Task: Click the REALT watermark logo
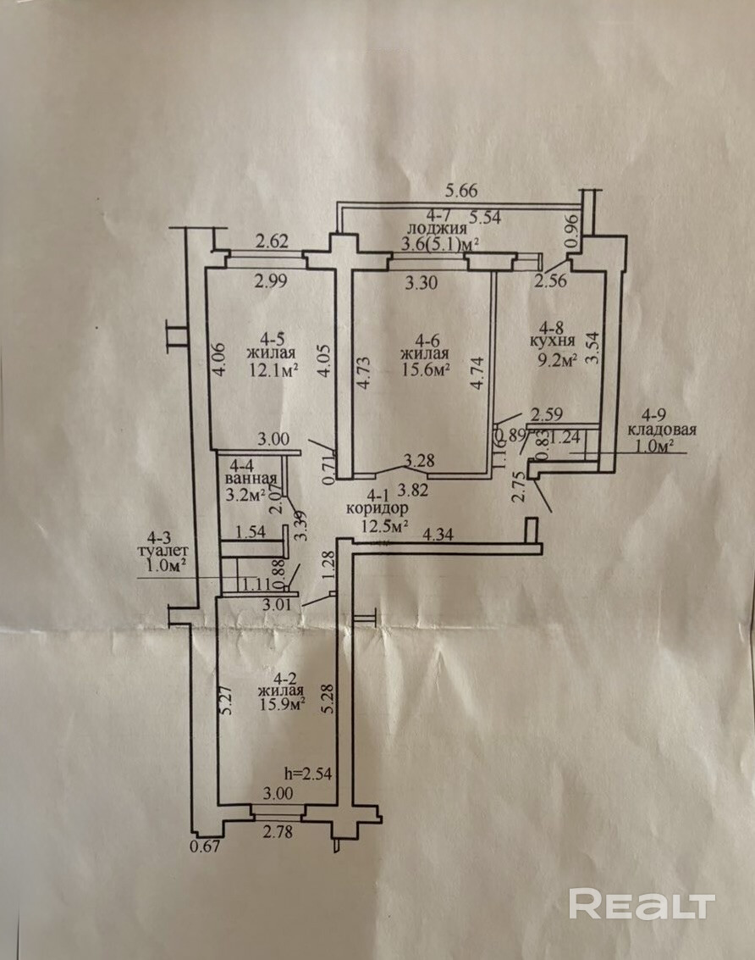642,904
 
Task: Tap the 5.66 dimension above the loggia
462,191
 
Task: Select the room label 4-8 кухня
553,335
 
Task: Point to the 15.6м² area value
425,369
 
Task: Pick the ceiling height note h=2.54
309,774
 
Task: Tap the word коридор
377,508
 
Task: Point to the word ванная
251,479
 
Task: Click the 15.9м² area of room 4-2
281,705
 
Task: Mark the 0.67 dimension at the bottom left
204,847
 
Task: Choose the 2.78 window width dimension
278,831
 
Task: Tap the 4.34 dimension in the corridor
438,535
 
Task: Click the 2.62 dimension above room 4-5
272,241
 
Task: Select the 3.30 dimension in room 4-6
422,283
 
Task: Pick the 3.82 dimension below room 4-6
413,489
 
